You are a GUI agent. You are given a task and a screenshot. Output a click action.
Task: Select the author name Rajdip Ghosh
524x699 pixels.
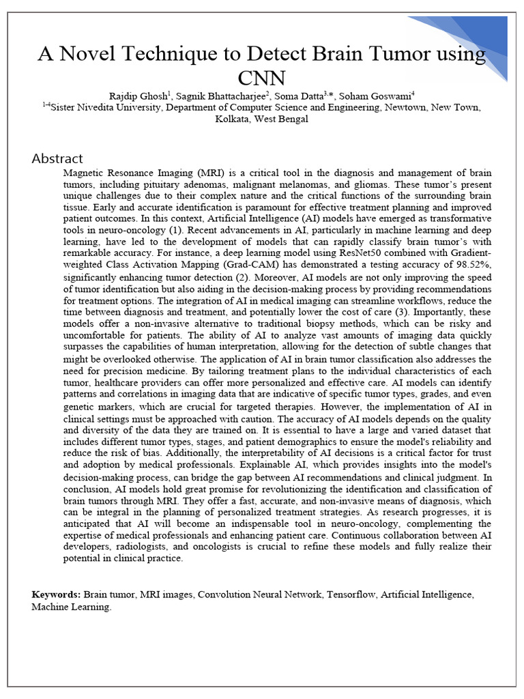coord(136,96)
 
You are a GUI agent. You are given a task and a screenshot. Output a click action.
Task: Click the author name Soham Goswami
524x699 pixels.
coord(379,96)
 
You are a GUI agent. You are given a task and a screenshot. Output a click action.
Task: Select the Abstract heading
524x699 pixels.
coord(57,158)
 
